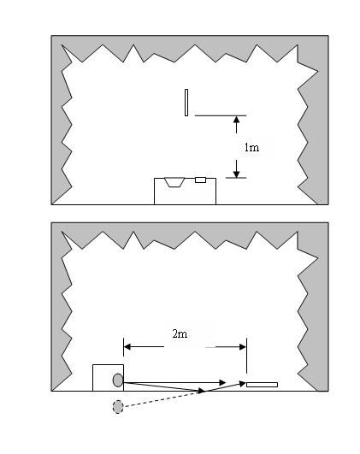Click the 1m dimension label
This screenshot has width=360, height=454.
tap(251, 148)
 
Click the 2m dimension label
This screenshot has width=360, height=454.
tap(180, 333)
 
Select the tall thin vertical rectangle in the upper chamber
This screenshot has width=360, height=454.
tap(186, 103)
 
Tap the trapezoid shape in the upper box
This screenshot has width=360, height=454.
tap(174, 182)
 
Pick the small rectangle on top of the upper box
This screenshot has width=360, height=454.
tap(200, 180)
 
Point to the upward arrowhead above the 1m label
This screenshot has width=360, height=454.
tap(237, 120)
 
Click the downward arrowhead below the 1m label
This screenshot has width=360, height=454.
tap(237, 174)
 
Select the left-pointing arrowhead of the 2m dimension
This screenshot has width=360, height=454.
tap(127, 346)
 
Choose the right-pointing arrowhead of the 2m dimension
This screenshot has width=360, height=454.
tap(243, 347)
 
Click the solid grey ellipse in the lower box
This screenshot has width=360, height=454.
tap(118, 380)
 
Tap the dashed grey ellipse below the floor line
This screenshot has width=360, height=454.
tap(118, 406)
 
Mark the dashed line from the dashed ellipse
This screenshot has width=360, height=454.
tap(162, 399)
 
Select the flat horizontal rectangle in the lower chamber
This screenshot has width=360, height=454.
tap(263, 385)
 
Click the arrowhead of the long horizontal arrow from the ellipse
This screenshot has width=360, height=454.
tap(222, 382)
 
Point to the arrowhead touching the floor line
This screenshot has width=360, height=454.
tap(201, 391)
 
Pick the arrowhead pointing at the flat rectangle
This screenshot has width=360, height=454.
tap(242, 384)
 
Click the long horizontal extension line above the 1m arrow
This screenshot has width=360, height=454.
tap(221, 115)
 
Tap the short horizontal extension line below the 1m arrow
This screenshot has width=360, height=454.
tap(236, 178)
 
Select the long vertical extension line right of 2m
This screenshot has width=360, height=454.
tap(246, 356)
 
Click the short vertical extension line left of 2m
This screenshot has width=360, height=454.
tap(124, 347)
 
